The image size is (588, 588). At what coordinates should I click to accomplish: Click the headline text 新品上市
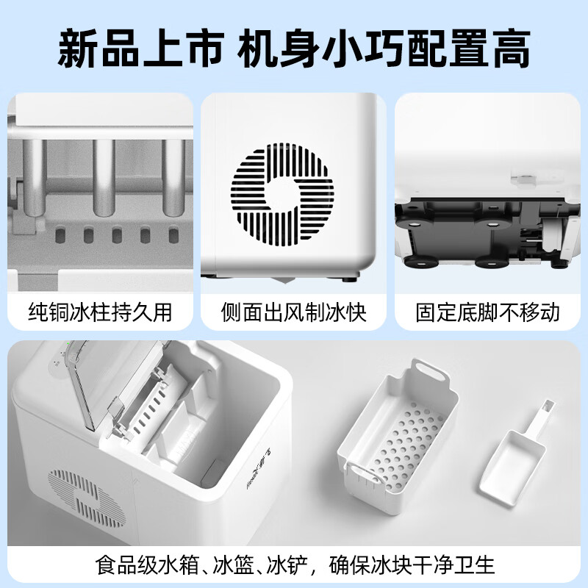click(140, 49)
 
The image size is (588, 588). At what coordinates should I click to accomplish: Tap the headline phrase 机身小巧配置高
click(382, 49)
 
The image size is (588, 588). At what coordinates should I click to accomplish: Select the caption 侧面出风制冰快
click(294, 312)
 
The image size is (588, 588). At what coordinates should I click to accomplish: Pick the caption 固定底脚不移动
click(487, 312)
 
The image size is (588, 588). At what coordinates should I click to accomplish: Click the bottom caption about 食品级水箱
click(294, 565)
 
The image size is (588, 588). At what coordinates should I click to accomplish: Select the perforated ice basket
click(397, 441)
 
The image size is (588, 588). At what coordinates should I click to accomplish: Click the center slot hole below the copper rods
click(116, 235)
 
